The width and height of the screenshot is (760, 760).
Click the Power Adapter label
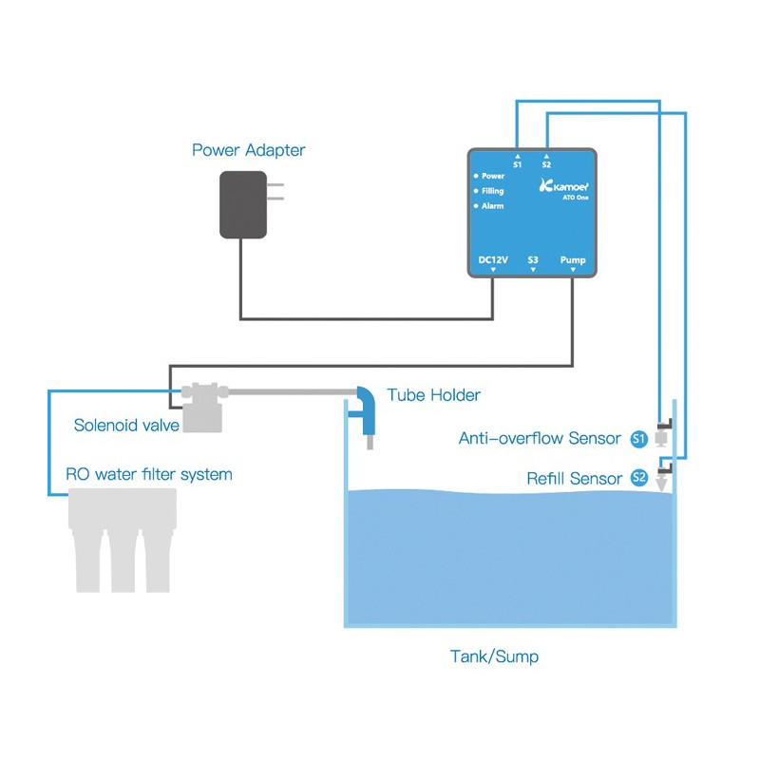249,150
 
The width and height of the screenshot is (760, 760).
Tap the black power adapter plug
245,204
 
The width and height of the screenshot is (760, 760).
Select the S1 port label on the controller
517,164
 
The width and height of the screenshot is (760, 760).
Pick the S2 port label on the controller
546,164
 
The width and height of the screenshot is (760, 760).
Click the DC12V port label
493,259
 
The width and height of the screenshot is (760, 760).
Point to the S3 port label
533,259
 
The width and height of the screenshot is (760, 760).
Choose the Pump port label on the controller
573,259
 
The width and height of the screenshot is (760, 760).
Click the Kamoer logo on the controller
561,186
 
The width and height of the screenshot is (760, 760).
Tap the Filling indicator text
493,191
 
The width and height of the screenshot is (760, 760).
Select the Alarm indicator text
492,206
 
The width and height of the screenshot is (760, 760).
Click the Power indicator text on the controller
493,176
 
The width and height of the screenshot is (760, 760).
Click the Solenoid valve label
126,426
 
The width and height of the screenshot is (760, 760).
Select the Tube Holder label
433,394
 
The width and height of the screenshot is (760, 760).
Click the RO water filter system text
148,473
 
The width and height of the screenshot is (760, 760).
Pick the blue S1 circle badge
639,439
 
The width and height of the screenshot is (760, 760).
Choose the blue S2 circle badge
639,478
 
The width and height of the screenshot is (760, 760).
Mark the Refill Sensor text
575,479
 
